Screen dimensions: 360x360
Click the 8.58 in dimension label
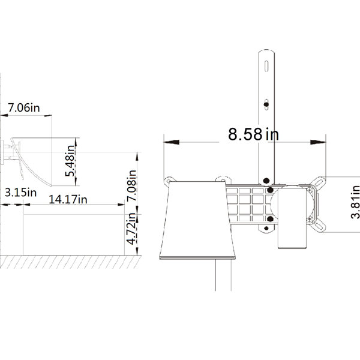coord(253,134)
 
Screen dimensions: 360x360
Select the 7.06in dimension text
coord(23,107)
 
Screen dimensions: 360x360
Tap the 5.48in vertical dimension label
coord(70,161)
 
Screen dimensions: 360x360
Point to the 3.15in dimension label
coord(20,193)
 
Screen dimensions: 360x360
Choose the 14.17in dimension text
coord(68,199)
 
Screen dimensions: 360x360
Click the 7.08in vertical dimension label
coord(131,185)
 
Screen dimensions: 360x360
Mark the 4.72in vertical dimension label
coord(131,229)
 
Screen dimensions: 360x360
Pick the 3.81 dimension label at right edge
coord(355,202)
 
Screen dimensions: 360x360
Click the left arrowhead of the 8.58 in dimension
coord(172,142)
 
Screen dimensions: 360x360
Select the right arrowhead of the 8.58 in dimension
coord(318,142)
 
